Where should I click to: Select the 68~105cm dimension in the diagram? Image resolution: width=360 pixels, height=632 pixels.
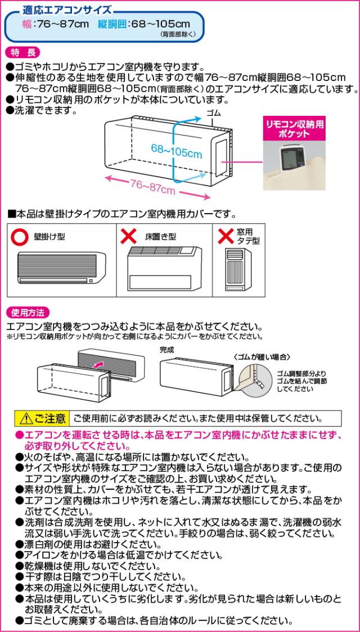[x=176, y=151]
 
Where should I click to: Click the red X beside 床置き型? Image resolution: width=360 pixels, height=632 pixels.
[x=128, y=237]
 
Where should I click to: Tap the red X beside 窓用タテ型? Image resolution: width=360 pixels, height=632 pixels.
[x=226, y=236]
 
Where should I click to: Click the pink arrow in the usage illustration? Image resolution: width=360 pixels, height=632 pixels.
[x=99, y=364]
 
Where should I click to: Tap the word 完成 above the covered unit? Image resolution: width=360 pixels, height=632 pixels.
[x=167, y=349]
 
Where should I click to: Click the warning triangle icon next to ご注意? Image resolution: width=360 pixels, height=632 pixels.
[x=25, y=419]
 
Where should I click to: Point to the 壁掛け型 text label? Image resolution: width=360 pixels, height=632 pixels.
[x=49, y=237]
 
